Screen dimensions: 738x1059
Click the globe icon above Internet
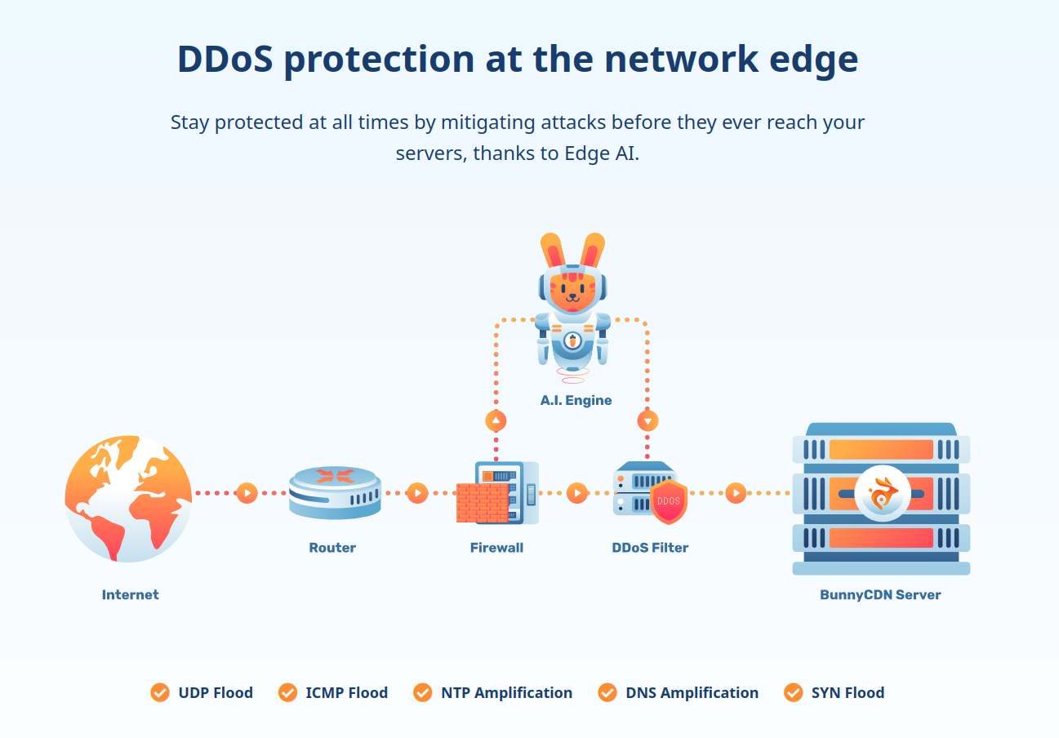pyautogui.click(x=128, y=498)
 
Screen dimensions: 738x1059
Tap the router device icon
pyautogui.click(x=335, y=492)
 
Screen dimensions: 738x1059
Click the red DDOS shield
pyautogui.click(x=669, y=502)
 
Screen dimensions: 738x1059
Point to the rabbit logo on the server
pyautogui.click(x=883, y=494)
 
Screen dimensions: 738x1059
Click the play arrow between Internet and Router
pyautogui.click(x=247, y=493)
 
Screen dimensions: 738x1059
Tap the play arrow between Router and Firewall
pyautogui.click(x=417, y=493)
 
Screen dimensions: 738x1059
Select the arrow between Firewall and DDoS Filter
pyautogui.click(x=576, y=493)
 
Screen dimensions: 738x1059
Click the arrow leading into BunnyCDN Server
pyautogui.click(x=736, y=493)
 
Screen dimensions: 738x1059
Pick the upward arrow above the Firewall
pyautogui.click(x=496, y=421)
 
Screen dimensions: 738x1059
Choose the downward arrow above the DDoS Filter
pyautogui.click(x=647, y=421)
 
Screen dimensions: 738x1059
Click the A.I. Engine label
pyautogui.click(x=576, y=401)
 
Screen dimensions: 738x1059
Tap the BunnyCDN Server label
pyautogui.click(x=880, y=595)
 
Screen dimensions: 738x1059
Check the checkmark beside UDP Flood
pyautogui.click(x=160, y=692)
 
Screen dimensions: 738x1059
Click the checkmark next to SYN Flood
pyautogui.click(x=793, y=692)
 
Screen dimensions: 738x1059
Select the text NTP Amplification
pyautogui.click(x=506, y=693)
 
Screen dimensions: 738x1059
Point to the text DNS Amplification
pyautogui.click(x=692, y=693)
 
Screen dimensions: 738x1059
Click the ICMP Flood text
pyautogui.click(x=346, y=693)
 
